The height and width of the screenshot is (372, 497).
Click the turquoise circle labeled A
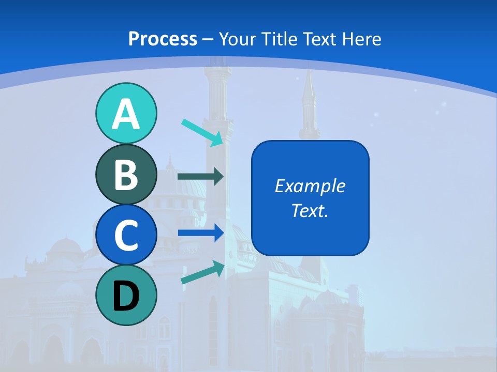pyautogui.click(x=126, y=113)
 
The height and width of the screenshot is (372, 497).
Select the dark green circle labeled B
pyautogui.click(x=126, y=175)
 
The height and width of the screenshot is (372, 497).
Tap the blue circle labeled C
pyautogui.click(x=126, y=235)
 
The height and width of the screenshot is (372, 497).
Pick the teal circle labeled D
pyautogui.click(x=126, y=296)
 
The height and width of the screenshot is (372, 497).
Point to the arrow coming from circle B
pyautogui.click(x=200, y=177)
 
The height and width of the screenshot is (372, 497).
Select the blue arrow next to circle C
pyautogui.click(x=200, y=233)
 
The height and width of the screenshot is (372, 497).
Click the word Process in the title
pyautogui.click(x=163, y=39)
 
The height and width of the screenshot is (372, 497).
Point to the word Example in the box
pyautogui.click(x=310, y=186)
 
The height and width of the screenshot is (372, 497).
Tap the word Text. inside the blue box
pyautogui.click(x=310, y=210)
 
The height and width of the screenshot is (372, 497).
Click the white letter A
pyautogui.click(x=126, y=114)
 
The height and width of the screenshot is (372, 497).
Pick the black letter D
pyautogui.click(x=126, y=296)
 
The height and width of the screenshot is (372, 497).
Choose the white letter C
pyautogui.click(x=126, y=236)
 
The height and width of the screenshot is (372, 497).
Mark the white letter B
pyautogui.click(x=126, y=175)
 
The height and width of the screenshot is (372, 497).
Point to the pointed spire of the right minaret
pyautogui.click(x=309, y=78)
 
